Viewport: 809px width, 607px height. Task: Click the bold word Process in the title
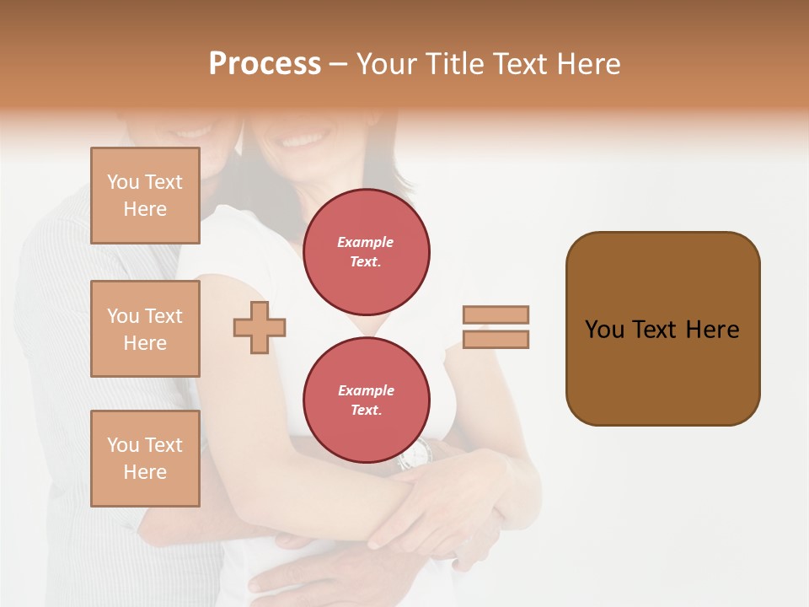pos(265,64)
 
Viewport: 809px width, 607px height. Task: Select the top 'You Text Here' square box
pos(145,196)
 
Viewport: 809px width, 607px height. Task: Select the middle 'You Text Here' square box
pos(145,329)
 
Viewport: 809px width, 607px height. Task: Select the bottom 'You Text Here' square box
pos(145,459)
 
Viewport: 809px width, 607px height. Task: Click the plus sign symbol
pos(260,327)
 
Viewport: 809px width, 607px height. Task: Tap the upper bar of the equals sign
pos(496,314)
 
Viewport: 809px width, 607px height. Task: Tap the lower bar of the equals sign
pos(496,340)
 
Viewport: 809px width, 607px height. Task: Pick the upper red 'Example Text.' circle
pos(366,251)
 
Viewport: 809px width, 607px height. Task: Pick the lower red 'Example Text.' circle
pos(366,400)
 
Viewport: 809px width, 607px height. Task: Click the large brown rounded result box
pos(662,329)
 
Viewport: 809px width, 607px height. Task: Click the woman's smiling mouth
pos(305,137)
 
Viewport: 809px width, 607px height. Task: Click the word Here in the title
pos(589,64)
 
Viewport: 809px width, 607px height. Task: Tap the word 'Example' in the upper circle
pos(366,242)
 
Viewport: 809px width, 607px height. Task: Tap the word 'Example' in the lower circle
pos(366,390)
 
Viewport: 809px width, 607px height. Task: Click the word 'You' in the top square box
pos(123,182)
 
